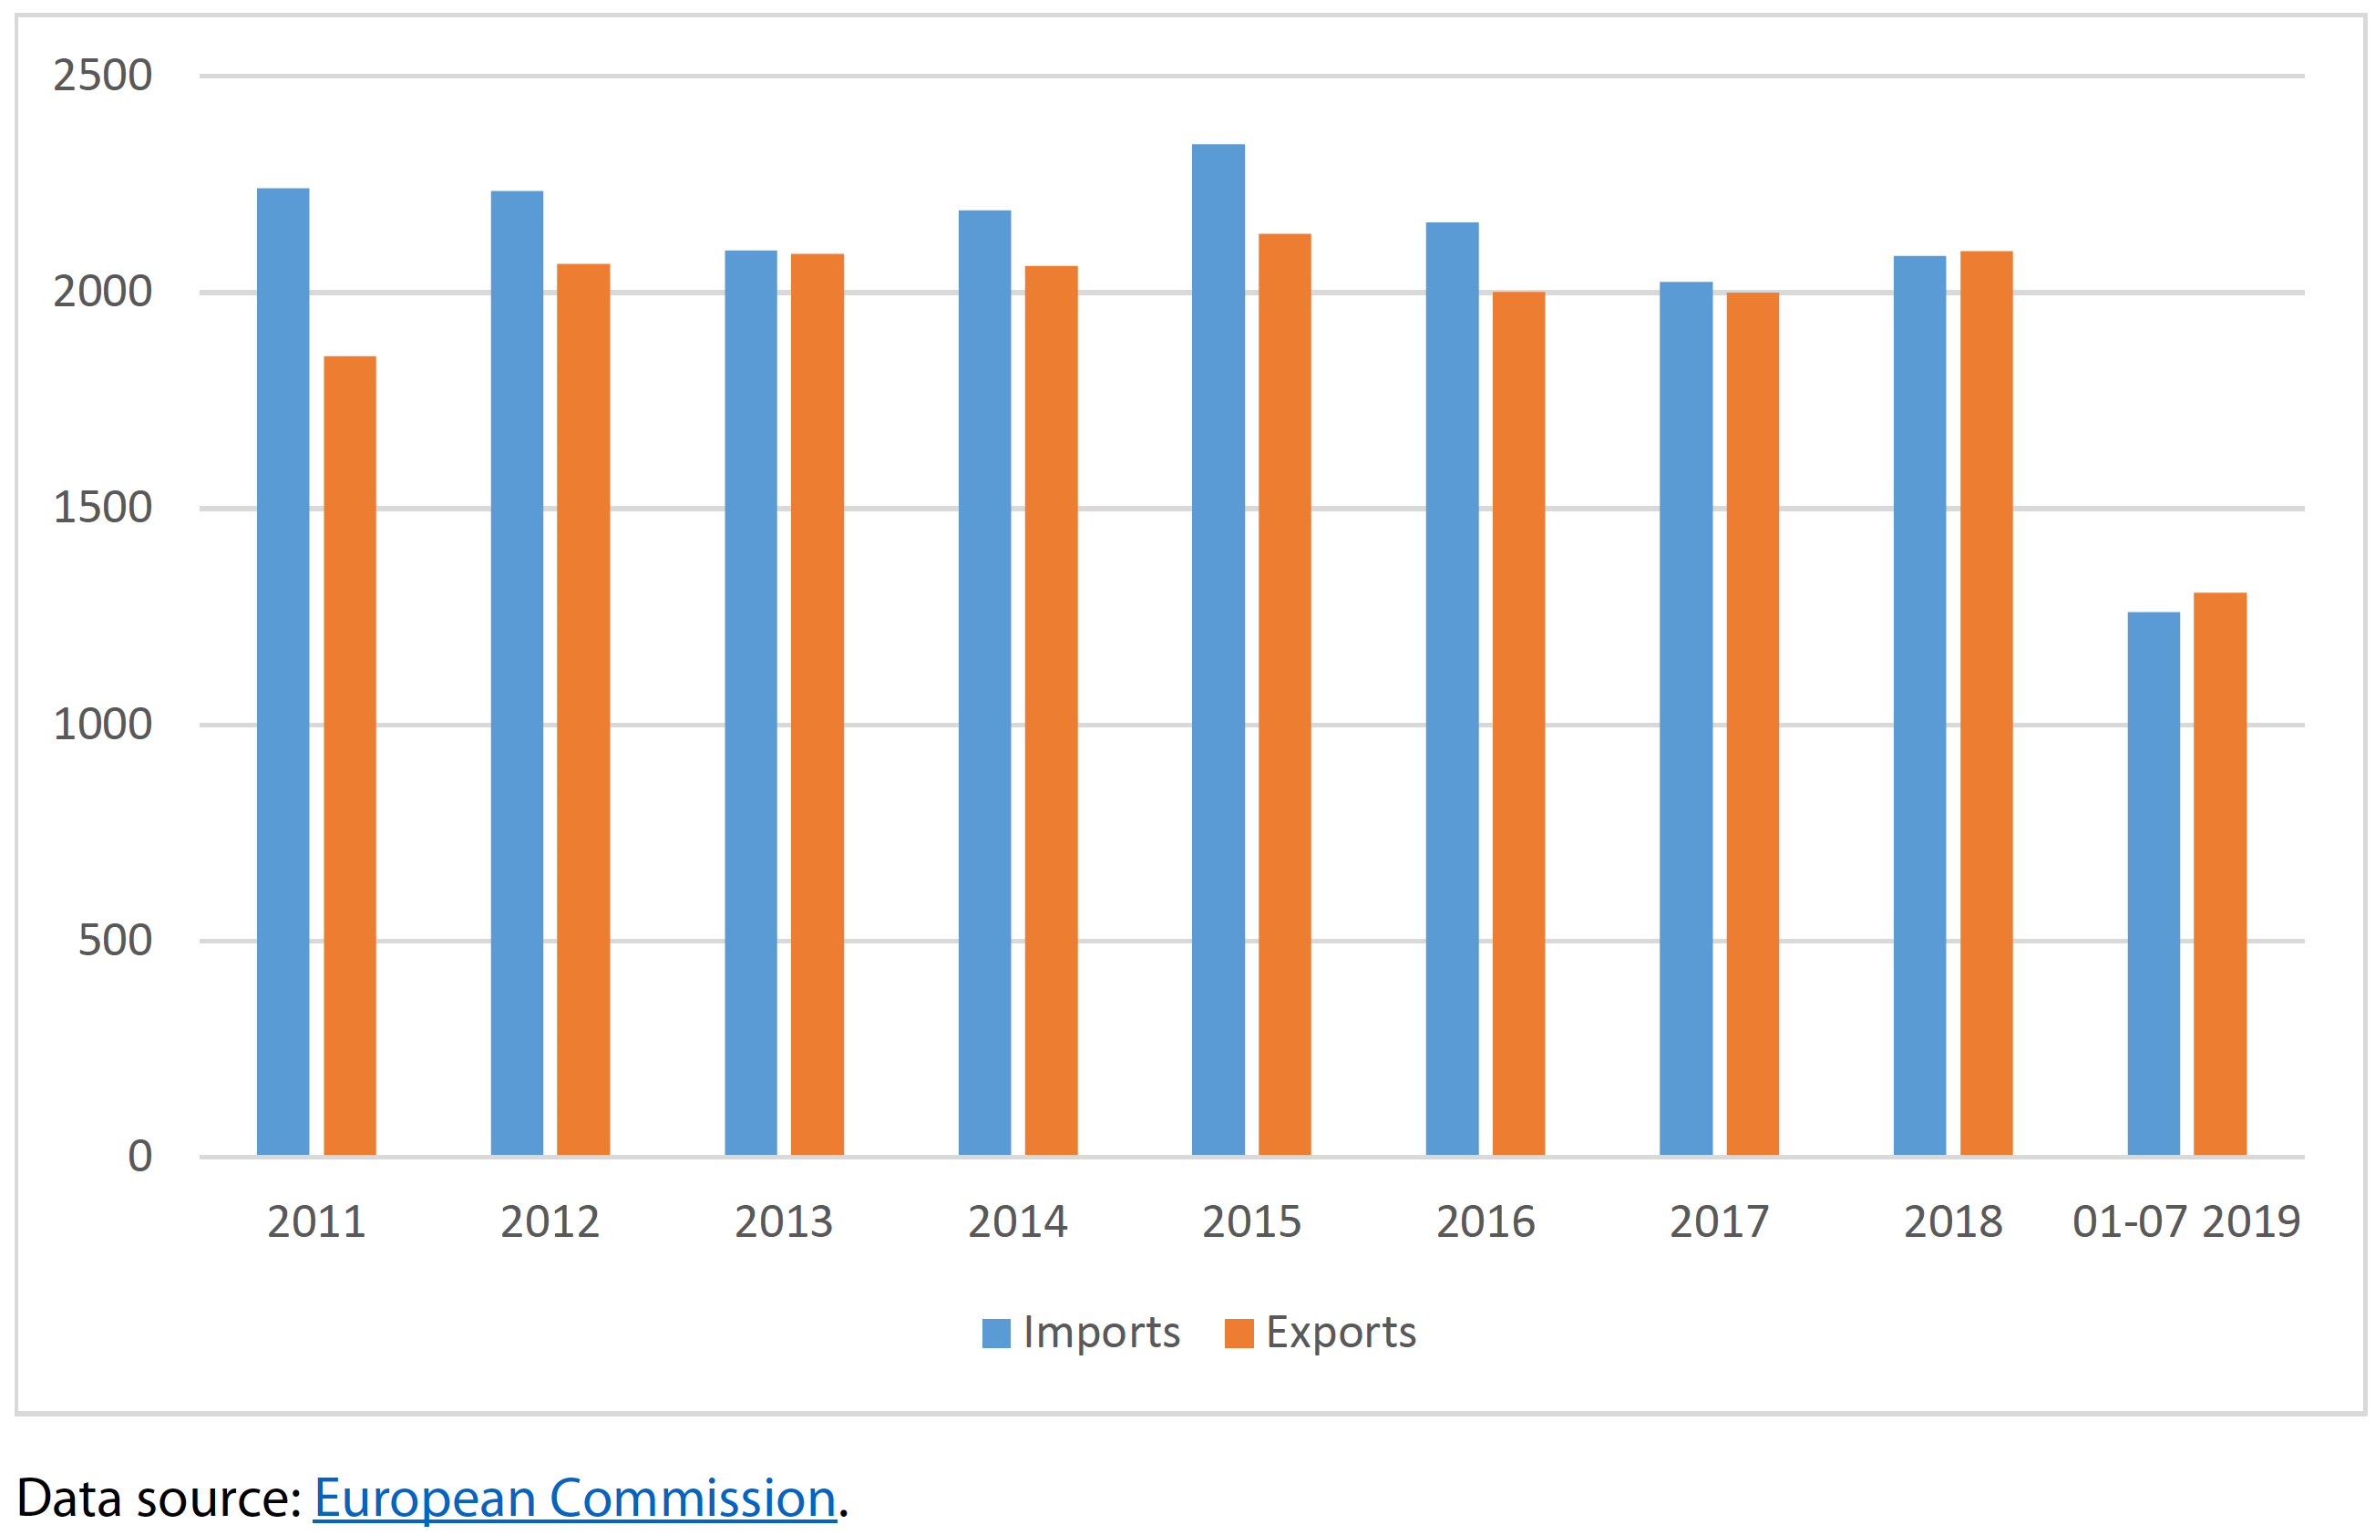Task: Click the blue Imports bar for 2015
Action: pyautogui.click(x=1217, y=650)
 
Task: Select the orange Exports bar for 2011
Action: pyautogui.click(x=350, y=756)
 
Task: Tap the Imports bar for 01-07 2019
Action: pyautogui.click(x=2153, y=883)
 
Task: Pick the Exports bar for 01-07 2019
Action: pyautogui.click(x=2219, y=873)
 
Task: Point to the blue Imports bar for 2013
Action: pyautogui.click(x=750, y=703)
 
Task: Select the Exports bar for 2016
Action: pyautogui.click(x=1518, y=724)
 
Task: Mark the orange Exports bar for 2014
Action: pyautogui.click(x=1051, y=710)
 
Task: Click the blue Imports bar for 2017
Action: pyautogui.click(x=1685, y=717)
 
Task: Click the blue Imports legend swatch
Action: pyautogui.click(x=995, y=1333)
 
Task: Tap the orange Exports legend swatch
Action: pyautogui.click(x=1238, y=1333)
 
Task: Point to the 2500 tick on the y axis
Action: pyautogui.click(x=103, y=76)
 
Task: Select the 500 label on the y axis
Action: pyautogui.click(x=115, y=940)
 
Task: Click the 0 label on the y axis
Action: pyautogui.click(x=139, y=1156)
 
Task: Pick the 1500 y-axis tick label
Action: pyautogui.click(x=103, y=508)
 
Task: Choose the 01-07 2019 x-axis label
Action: pyautogui.click(x=2185, y=1222)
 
